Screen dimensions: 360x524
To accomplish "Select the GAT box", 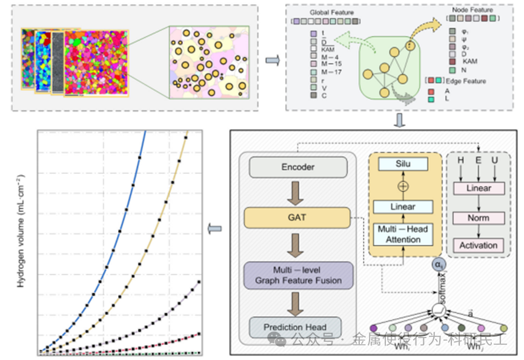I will [297, 216].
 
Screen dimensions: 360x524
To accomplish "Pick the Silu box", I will [403, 164].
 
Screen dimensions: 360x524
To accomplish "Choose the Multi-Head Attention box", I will [403, 234].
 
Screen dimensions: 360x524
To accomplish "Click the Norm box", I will [479, 218].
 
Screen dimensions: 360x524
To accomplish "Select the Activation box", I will [479, 245].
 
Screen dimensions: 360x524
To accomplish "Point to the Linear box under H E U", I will [479, 188].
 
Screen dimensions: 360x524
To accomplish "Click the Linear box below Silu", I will [403, 207].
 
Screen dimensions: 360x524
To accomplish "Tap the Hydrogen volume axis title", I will [20, 238].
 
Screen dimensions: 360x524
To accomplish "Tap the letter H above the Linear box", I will [462, 160].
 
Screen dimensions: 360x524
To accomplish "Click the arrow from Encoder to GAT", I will [297, 192].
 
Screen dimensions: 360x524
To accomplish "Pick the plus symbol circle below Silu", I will [403, 186].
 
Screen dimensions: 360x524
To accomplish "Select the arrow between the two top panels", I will [273, 59].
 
